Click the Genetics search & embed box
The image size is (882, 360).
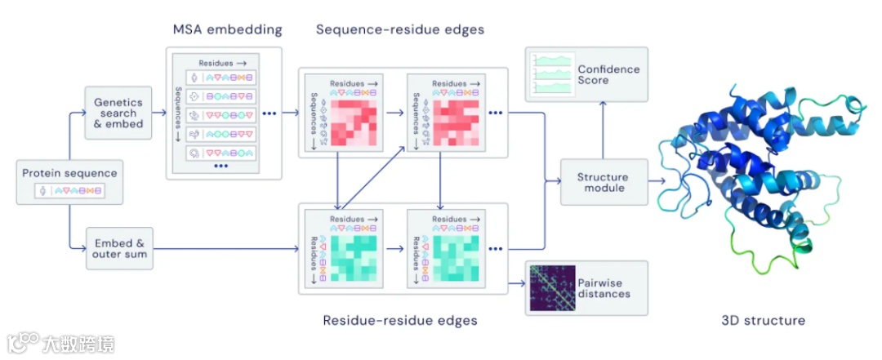(x=118, y=113)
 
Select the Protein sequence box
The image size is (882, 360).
(x=69, y=181)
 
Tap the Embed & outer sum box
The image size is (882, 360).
(x=119, y=249)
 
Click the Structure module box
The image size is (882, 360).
(x=603, y=182)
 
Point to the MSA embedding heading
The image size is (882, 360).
(x=227, y=30)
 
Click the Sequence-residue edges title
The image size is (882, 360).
(x=400, y=30)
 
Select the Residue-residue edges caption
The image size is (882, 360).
(x=400, y=321)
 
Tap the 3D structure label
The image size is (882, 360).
(x=763, y=321)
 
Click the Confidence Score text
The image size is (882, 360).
(x=608, y=75)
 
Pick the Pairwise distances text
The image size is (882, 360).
(x=604, y=288)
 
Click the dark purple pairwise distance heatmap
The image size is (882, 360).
(x=552, y=288)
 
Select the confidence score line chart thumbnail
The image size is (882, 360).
(x=552, y=74)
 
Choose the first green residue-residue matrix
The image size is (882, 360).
(x=354, y=258)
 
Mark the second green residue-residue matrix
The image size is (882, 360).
(x=457, y=258)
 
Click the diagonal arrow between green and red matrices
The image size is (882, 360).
(x=373, y=177)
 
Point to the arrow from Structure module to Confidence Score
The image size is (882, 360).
(x=603, y=131)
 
